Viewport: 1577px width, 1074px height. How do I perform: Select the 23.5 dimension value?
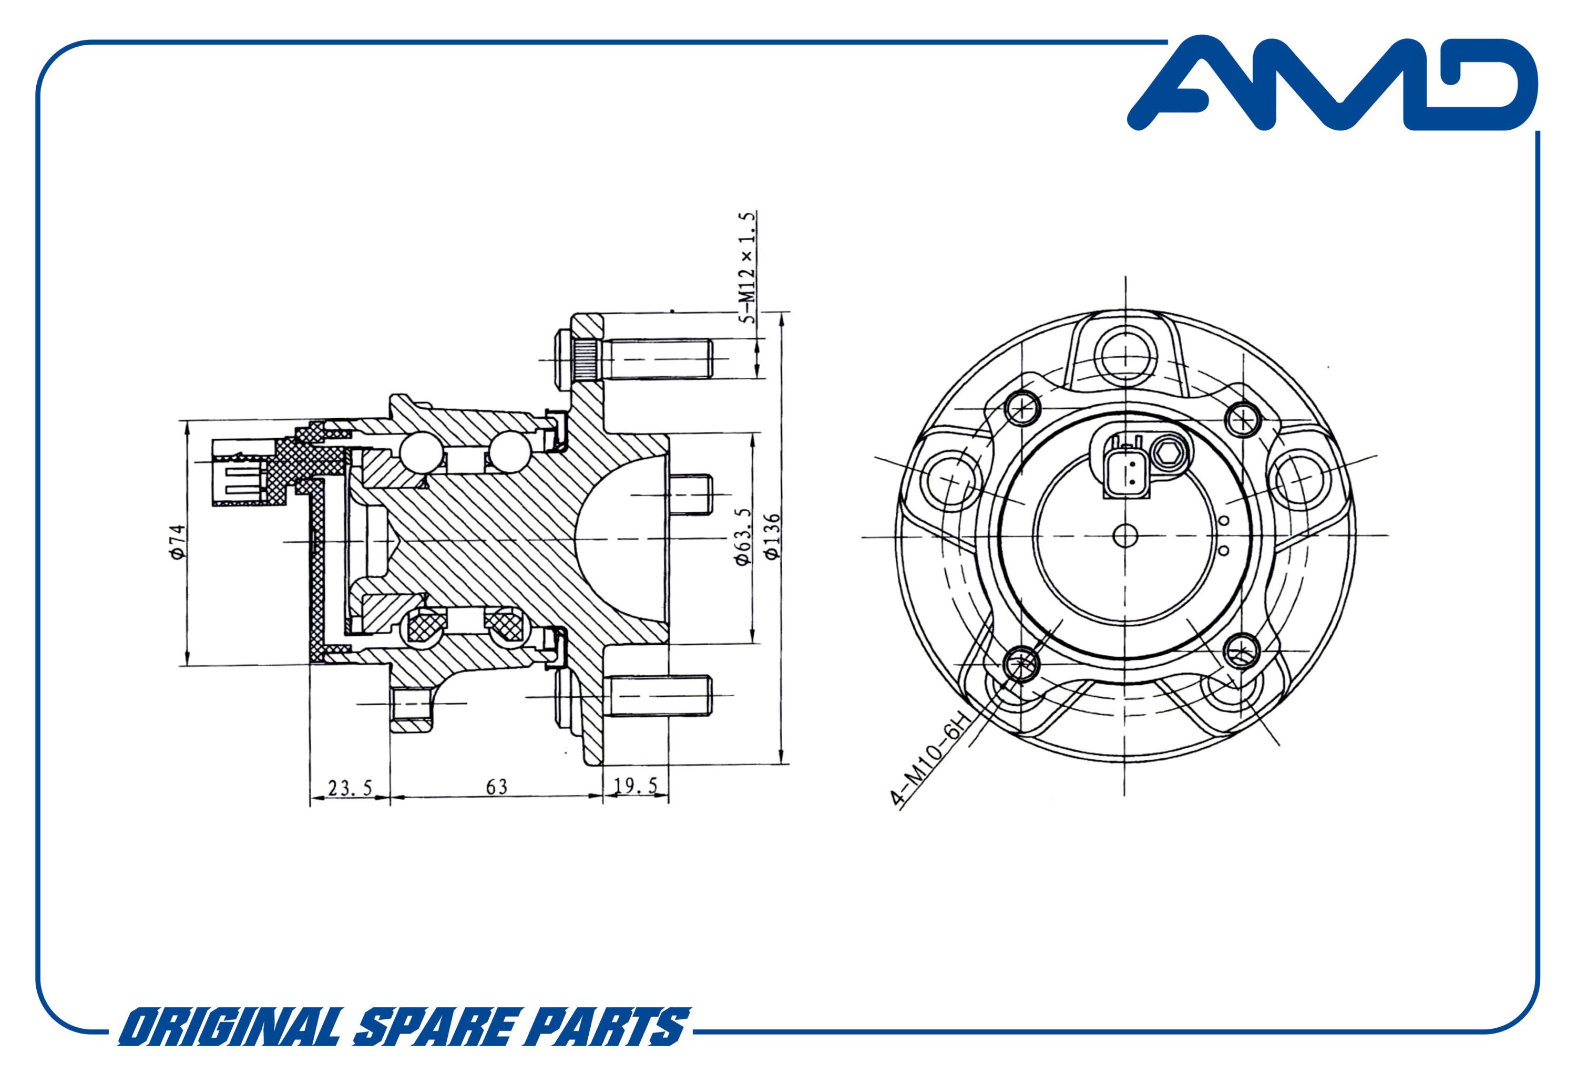(x=350, y=787)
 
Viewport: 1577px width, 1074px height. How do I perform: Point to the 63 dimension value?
(x=496, y=787)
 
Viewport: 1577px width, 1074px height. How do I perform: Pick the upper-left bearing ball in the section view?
(x=420, y=452)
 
